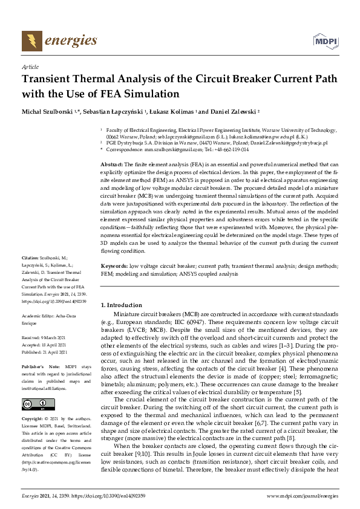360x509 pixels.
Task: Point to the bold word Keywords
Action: (x=113, y=266)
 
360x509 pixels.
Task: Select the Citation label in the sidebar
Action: (x=31, y=274)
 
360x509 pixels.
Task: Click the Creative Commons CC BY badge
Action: (x=34, y=403)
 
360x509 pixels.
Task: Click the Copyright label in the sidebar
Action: (x=33, y=418)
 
